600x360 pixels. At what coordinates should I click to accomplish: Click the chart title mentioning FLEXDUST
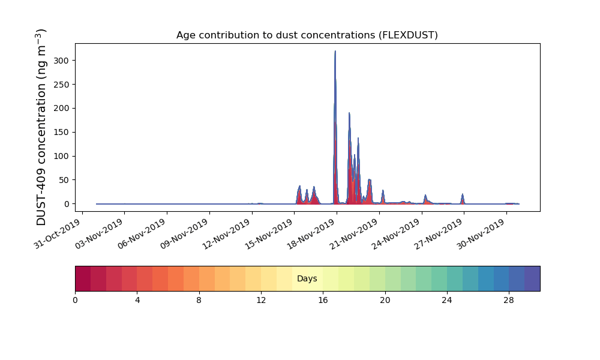(x=307, y=35)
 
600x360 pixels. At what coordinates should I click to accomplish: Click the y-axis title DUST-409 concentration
(x=41, y=127)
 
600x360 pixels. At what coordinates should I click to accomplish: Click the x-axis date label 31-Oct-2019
(x=58, y=233)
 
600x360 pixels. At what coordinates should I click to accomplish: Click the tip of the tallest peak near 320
(x=335, y=51)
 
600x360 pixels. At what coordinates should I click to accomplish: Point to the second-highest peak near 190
(x=349, y=113)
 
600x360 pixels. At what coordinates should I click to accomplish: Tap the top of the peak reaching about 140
(x=358, y=138)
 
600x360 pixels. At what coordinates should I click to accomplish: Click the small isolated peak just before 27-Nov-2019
(x=462, y=194)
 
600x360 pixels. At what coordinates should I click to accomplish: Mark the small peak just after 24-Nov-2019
(x=425, y=196)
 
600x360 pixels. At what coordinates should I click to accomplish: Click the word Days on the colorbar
(x=307, y=278)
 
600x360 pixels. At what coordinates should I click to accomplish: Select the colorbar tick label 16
(x=323, y=301)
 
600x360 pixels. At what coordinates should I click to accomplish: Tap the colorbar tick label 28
(x=509, y=301)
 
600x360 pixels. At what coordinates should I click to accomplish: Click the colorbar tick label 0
(x=75, y=301)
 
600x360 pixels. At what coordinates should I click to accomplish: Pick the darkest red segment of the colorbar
(x=83, y=278)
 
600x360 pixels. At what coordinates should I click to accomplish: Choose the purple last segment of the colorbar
(x=532, y=278)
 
